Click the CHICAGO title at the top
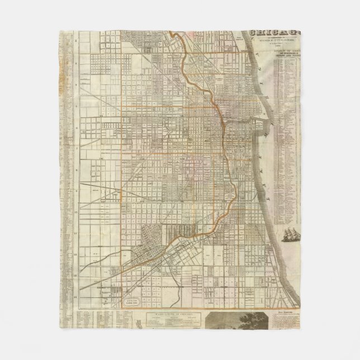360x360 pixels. [x=274, y=32]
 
